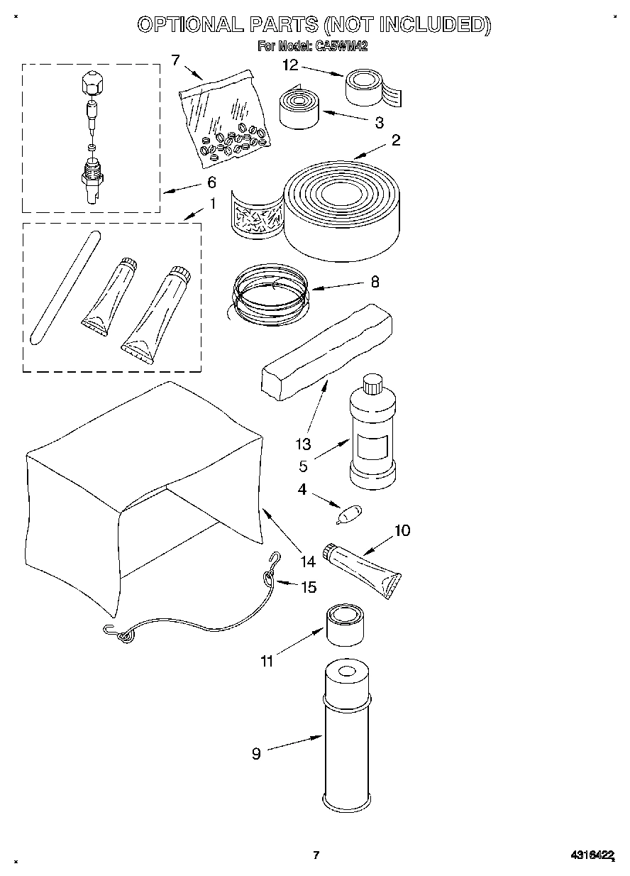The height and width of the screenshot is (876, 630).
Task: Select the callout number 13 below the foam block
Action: [x=303, y=444]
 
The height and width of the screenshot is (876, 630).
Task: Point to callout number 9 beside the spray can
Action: [x=256, y=754]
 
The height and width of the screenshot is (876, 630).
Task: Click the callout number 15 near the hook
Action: [x=309, y=587]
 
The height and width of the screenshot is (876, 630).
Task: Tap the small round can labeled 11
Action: [x=346, y=623]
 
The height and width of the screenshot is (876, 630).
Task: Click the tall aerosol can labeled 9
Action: [x=347, y=738]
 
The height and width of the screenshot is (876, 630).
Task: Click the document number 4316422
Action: [x=591, y=855]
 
